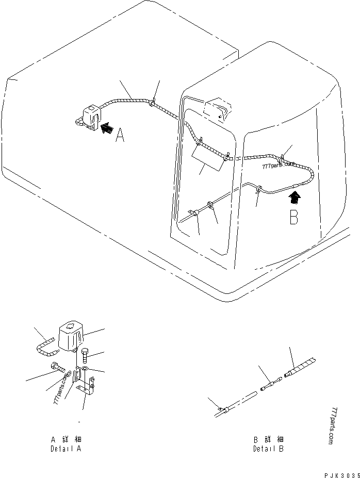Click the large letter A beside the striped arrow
(x=120, y=135)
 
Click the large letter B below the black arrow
(x=293, y=216)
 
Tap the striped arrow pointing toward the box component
(x=106, y=128)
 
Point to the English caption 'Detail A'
(x=66, y=449)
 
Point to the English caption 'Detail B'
(x=268, y=449)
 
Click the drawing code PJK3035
(x=342, y=475)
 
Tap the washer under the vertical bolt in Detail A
(x=85, y=369)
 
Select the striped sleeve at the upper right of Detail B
(x=300, y=367)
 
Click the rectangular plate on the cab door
(x=207, y=158)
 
